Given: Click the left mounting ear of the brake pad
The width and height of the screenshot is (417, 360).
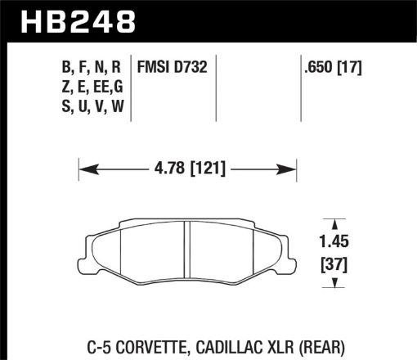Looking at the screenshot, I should pyautogui.click(x=91, y=245).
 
